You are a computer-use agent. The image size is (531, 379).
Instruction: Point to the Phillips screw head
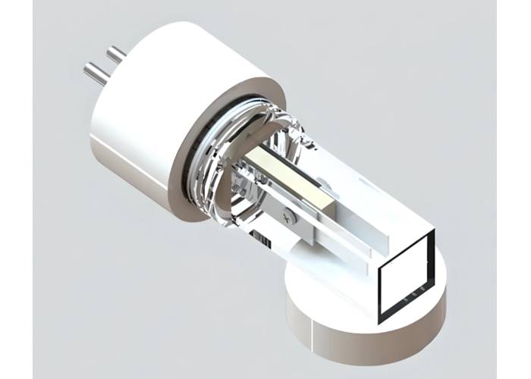287,217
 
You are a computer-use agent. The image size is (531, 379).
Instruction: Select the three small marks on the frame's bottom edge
413,290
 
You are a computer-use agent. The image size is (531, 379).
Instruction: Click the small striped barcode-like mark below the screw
262,241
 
